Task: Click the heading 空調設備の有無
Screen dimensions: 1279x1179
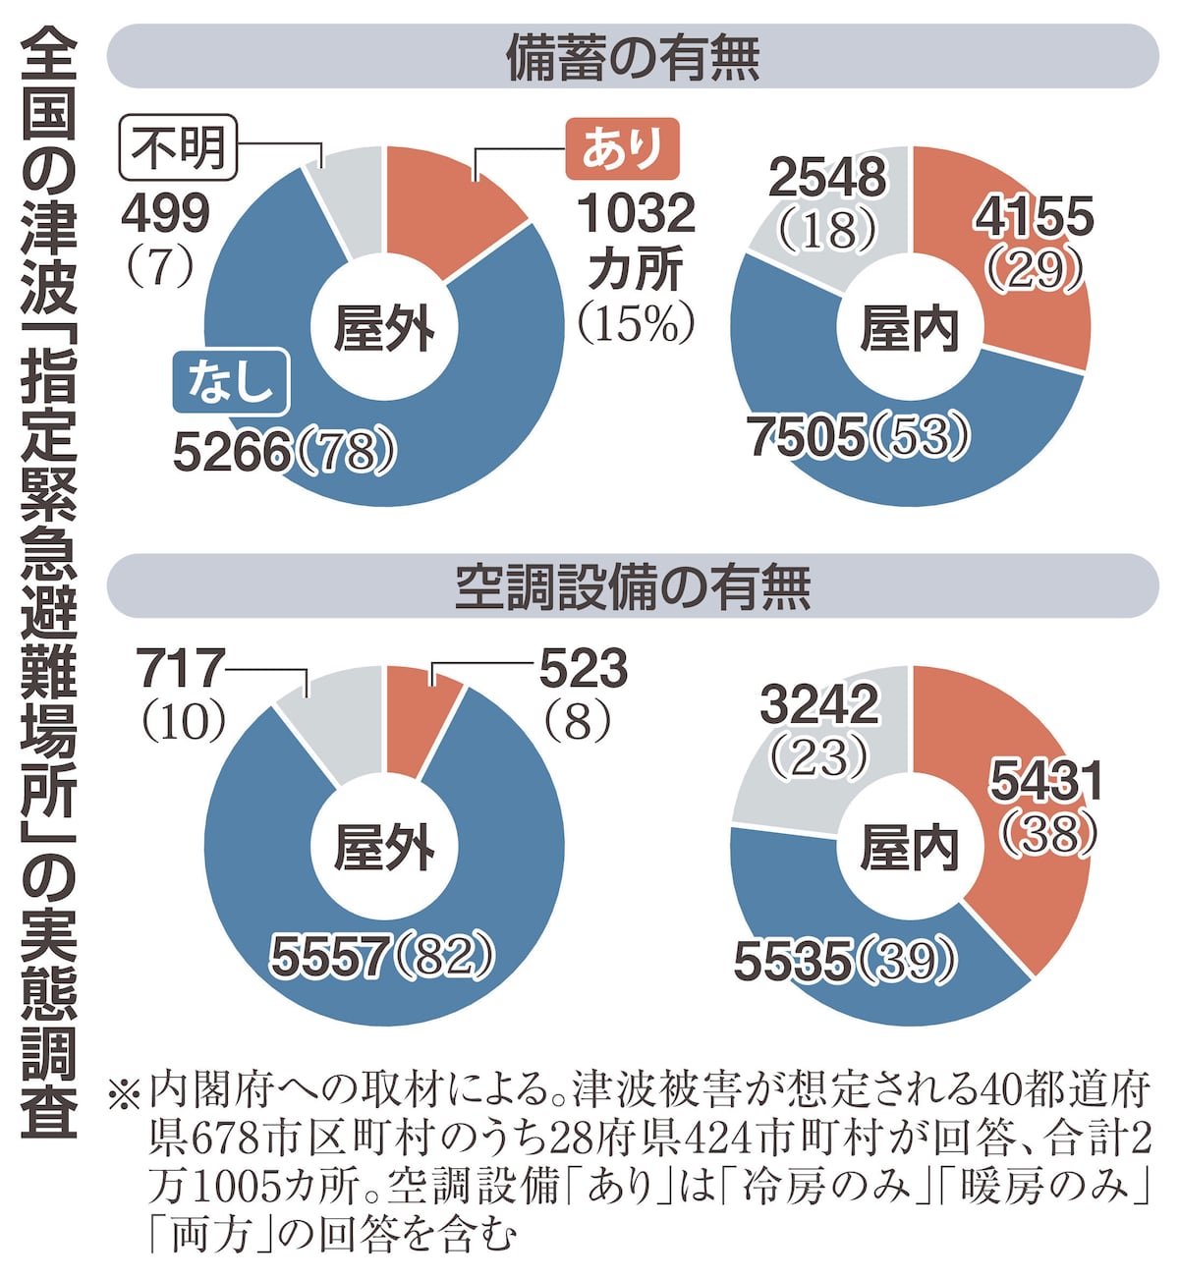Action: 633,586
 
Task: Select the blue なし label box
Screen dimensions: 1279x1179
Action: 231,380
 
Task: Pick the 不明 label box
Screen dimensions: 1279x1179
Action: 179,148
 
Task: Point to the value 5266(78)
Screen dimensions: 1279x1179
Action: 285,452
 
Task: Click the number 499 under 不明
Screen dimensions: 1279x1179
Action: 165,213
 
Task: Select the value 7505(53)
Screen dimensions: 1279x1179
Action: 860,436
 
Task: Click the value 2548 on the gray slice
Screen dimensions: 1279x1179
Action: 827,178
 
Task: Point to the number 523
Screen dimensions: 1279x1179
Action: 583,670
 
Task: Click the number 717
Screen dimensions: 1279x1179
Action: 182,670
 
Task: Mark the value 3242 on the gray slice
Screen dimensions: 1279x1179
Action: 819,704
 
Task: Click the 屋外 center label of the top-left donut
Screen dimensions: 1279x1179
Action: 384,327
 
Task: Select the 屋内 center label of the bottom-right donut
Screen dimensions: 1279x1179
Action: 910,848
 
